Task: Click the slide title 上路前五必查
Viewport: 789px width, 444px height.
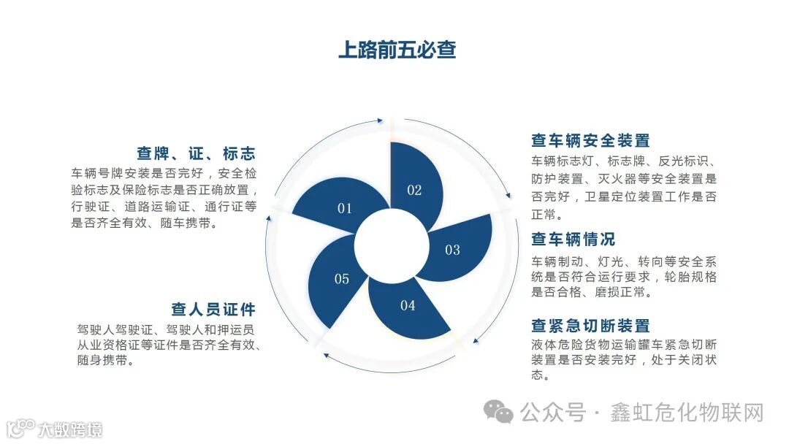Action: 397,50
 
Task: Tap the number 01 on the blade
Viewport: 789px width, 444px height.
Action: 345,209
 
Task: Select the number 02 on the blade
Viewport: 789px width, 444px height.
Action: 414,191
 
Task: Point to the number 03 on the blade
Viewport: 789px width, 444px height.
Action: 452,250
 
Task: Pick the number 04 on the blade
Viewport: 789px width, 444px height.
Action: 407,306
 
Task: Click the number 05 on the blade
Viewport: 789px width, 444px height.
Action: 342,279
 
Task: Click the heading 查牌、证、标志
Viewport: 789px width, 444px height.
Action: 196,154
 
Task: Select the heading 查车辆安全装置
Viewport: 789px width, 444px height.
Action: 590,141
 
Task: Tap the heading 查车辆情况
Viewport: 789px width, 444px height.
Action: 573,240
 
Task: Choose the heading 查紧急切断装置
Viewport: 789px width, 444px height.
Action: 590,326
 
